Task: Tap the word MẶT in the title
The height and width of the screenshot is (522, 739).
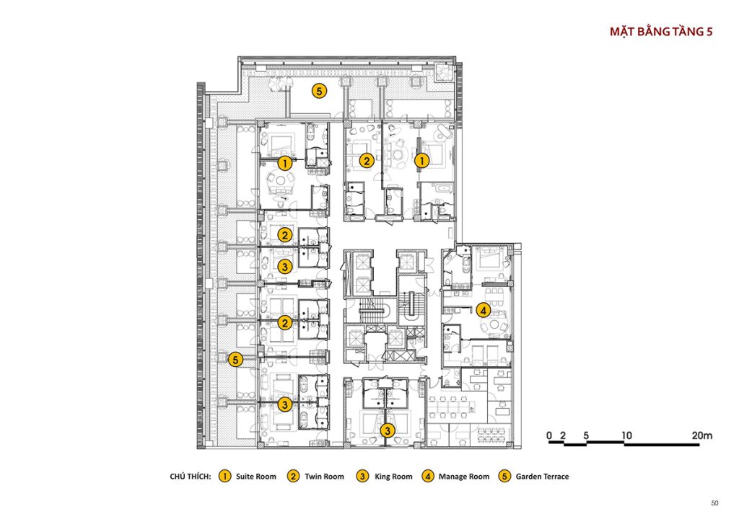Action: pos(622,32)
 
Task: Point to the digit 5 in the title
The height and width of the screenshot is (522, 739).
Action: pos(709,32)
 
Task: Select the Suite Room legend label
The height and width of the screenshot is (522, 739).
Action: pos(256,477)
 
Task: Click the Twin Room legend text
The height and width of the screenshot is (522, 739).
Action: pos(324,477)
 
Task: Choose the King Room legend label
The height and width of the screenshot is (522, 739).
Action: pos(393,477)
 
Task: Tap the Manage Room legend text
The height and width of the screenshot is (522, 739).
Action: pos(464,477)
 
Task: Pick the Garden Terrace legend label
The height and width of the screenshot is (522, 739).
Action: pos(542,477)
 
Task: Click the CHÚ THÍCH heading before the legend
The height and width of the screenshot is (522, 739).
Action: pos(191,477)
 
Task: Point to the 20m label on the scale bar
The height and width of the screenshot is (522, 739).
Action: pos(701,435)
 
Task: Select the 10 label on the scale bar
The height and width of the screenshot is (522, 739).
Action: pos(626,435)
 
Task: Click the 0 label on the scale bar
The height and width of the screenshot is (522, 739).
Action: pos(549,435)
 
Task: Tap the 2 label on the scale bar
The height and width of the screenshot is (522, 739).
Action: pos(563,435)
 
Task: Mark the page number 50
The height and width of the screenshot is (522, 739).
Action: pos(714,503)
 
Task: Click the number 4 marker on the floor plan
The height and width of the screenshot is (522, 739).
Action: pos(483,310)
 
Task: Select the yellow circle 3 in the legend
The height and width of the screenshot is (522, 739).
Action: pos(362,477)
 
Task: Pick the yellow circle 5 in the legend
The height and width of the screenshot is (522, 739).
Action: pos(504,477)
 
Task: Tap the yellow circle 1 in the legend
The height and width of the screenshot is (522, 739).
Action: pos(225,477)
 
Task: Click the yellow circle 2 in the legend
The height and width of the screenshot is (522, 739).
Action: pos(293,477)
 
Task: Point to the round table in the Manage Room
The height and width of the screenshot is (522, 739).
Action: pos(494,324)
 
